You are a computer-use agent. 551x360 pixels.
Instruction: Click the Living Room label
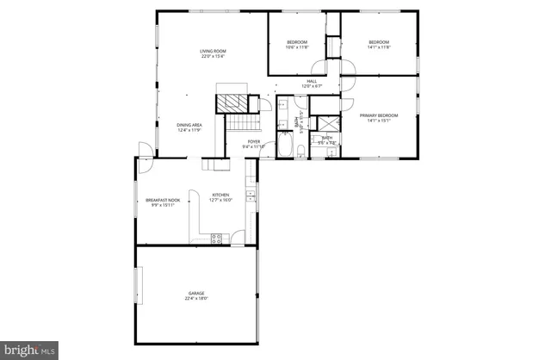tap(213, 52)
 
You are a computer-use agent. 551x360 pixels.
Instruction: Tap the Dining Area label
tap(189, 126)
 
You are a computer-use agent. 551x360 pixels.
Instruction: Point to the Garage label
tap(197, 294)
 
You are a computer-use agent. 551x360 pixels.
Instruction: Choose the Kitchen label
tap(221, 195)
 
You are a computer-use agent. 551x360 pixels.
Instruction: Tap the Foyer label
tap(254, 141)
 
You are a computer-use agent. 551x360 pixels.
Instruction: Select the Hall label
tap(312, 81)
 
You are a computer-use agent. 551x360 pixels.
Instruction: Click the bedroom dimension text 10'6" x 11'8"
tap(296, 47)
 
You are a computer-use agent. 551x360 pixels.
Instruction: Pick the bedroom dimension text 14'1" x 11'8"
tap(379, 47)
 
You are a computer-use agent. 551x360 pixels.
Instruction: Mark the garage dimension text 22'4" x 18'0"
tap(197, 299)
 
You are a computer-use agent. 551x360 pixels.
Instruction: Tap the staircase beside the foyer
tap(237, 129)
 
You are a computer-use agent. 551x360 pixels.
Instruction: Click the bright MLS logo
tap(30, 350)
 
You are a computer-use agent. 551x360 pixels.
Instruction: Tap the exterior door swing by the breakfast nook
tap(146, 153)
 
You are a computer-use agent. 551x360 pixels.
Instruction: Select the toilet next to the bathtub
tap(300, 152)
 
